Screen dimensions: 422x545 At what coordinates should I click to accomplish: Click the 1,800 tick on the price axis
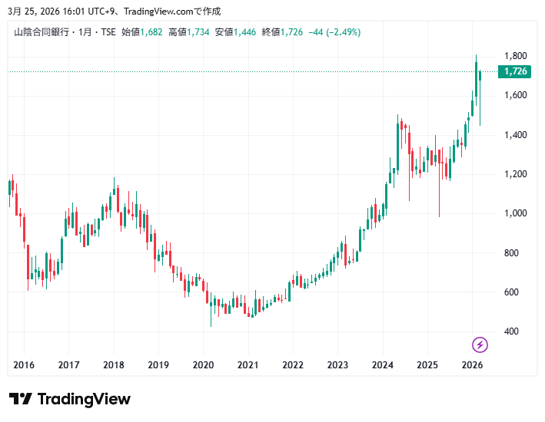coord(514,56)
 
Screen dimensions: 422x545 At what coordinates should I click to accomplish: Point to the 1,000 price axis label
coord(514,213)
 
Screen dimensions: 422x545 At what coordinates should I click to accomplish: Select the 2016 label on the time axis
coord(25,365)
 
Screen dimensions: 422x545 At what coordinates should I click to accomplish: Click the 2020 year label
coord(203,365)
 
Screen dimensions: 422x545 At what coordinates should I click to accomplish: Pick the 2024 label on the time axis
coord(382,365)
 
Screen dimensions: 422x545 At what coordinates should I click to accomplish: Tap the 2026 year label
coord(471,365)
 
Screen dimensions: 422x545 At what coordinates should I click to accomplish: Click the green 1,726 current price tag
coord(514,71)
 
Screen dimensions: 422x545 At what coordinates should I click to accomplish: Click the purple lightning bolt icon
coord(480,345)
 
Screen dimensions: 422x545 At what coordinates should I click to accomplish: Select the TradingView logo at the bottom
coord(70,399)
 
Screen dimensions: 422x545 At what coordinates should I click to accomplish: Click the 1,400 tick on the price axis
coord(514,135)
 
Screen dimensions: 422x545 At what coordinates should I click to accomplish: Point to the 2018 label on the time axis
coord(114,365)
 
